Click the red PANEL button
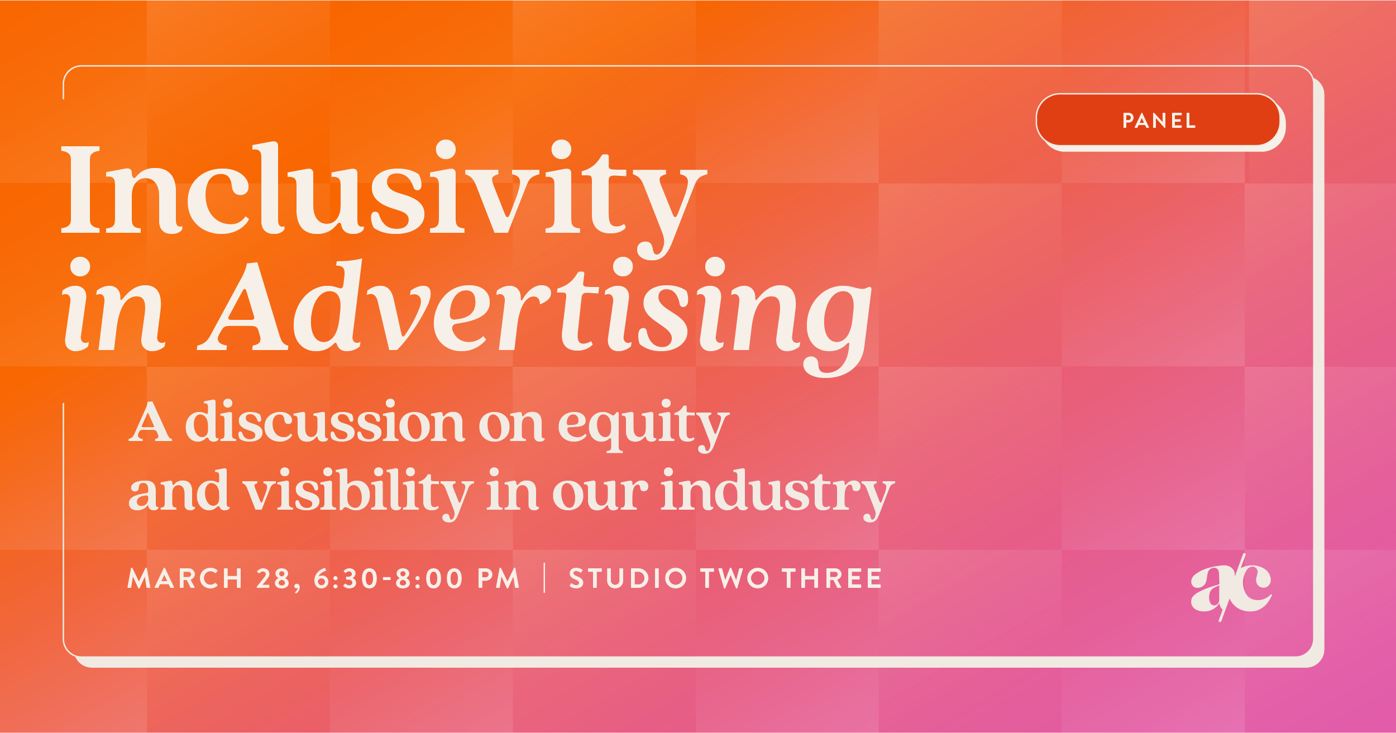[x=1158, y=120]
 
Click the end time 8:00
[x=429, y=579]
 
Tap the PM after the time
[x=499, y=579]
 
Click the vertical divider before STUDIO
[x=544, y=578]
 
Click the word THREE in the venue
[x=831, y=579]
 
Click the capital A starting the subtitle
[x=150, y=423]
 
